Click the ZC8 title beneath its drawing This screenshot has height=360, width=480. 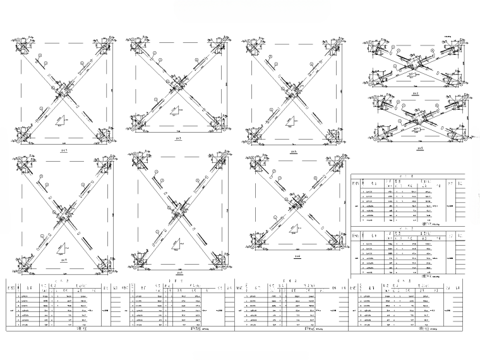tap(179, 273)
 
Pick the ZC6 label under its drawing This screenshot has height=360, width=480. tap(296, 257)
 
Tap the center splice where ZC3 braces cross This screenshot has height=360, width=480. tap(179, 82)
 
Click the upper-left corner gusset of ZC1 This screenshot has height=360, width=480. tap(23, 46)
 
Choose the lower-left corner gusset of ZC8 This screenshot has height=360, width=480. tap(140, 260)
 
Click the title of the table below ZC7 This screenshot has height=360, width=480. tap(80, 328)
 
